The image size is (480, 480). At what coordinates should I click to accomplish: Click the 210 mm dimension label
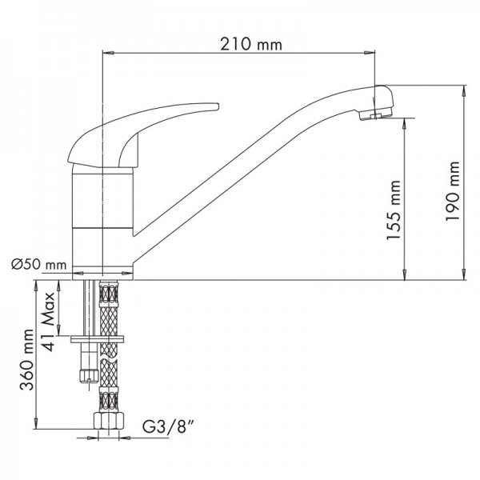click(x=251, y=44)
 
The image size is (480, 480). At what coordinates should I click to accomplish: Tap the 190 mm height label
click(x=453, y=190)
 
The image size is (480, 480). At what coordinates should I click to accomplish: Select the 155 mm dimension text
click(x=394, y=210)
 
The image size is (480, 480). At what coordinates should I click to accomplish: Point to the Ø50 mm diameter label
click(x=39, y=264)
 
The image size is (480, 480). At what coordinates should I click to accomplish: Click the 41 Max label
click(x=48, y=322)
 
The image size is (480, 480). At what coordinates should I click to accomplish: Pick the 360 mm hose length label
click(x=26, y=359)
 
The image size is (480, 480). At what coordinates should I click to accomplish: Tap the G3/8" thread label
click(x=168, y=426)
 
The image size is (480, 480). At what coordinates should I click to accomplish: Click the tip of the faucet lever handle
click(x=218, y=106)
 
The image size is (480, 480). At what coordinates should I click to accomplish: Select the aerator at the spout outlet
click(x=376, y=114)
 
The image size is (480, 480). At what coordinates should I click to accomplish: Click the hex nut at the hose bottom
click(x=109, y=420)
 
